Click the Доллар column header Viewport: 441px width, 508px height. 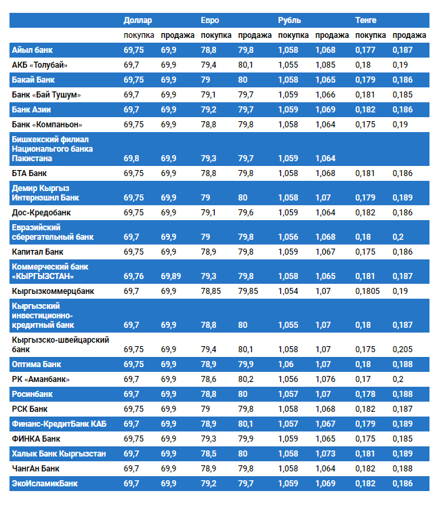[138, 20]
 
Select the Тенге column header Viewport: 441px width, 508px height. [366, 20]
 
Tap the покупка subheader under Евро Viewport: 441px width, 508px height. [217, 35]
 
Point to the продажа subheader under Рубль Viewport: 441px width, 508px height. [332, 35]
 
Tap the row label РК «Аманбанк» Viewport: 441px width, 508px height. [41, 379]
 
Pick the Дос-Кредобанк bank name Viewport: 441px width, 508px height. [42, 213]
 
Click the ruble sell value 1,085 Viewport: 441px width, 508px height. [325, 65]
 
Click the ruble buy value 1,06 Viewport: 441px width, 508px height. [286, 364]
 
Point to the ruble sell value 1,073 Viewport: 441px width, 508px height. [325, 454]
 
